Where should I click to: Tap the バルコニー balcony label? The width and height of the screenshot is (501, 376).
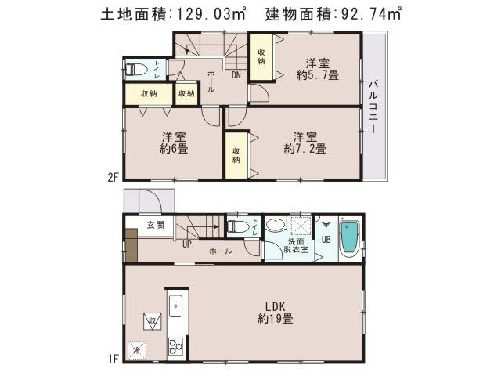click(373, 106)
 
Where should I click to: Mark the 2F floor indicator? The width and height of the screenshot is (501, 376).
click(113, 177)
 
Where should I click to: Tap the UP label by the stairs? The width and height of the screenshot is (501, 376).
click(186, 244)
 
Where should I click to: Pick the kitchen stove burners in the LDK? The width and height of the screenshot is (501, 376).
click(175, 345)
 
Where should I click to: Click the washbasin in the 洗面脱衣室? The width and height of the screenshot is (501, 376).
click(276, 226)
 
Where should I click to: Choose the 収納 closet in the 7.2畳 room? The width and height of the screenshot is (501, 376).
click(236, 154)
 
